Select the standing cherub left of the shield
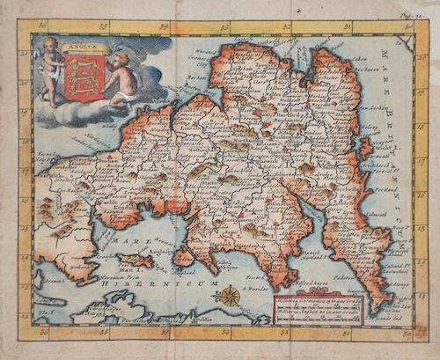coord(51,70)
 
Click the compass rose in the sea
coord(230,296)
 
